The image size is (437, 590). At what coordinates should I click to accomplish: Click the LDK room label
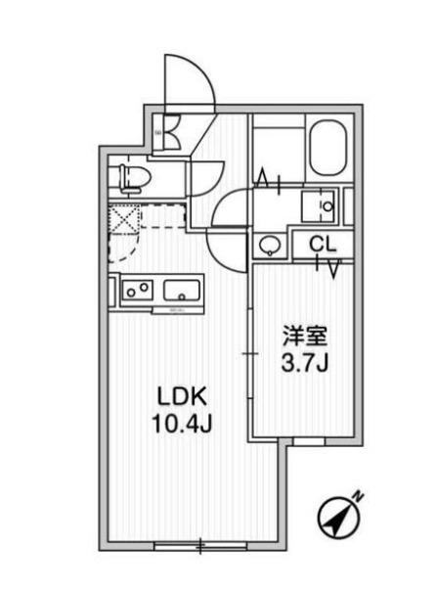coord(182,396)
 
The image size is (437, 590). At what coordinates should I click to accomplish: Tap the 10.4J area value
coord(182,424)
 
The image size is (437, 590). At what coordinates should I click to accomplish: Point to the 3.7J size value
coord(305,363)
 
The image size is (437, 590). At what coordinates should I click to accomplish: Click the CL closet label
coord(323,245)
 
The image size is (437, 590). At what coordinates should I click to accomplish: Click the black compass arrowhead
coord(334,523)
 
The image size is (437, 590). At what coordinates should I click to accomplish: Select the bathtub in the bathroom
coord(328,148)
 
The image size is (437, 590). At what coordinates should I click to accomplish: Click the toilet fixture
coord(134,179)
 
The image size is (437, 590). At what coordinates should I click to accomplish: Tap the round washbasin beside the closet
coord(271,246)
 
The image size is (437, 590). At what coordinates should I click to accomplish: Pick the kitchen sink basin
coord(182,291)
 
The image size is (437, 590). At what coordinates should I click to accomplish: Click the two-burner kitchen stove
coord(137,291)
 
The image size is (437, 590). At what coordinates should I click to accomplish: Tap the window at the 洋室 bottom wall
coord(308,441)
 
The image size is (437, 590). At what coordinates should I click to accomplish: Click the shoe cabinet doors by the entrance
coord(172,132)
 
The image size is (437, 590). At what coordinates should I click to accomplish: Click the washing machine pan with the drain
coord(318,206)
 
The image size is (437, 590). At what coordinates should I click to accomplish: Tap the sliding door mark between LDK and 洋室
coord(249,354)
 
